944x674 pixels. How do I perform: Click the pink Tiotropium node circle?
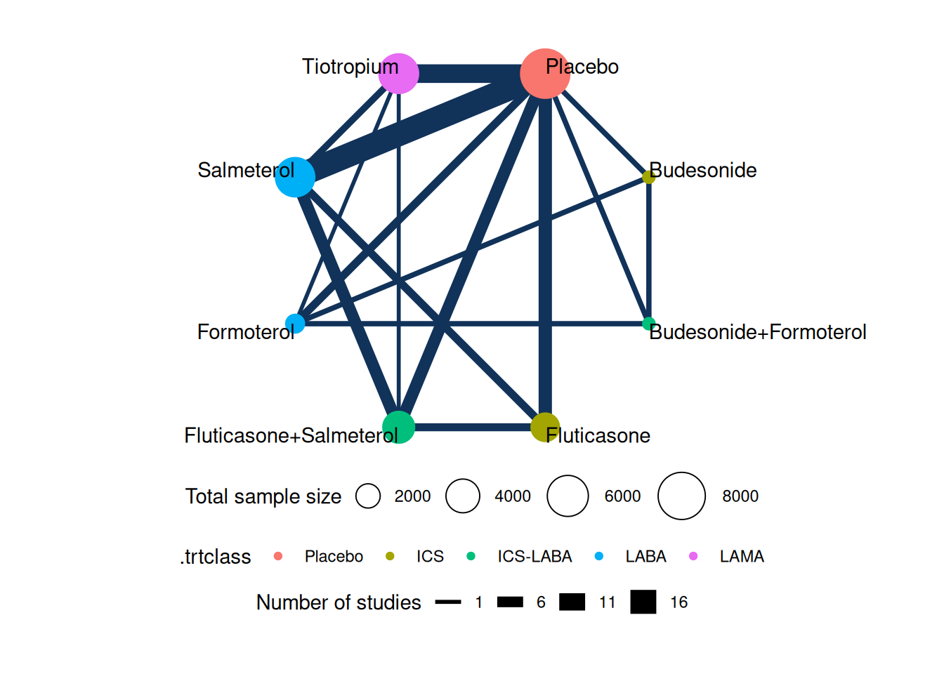tap(398, 73)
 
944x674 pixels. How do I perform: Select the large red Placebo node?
tap(545, 73)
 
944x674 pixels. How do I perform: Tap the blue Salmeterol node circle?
tap(295, 177)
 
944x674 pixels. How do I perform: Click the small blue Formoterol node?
tap(295, 324)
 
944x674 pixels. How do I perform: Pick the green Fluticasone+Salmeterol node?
tap(398, 427)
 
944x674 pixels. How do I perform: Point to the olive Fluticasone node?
tap(545, 427)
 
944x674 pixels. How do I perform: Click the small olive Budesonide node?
tap(649, 177)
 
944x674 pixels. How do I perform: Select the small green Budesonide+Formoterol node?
tap(649, 324)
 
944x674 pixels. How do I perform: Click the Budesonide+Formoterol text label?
tap(757, 332)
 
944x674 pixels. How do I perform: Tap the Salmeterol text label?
tap(246, 171)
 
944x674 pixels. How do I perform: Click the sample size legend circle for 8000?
tap(681, 496)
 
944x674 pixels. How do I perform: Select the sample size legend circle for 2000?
tap(368, 496)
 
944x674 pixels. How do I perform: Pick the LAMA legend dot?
tap(693, 556)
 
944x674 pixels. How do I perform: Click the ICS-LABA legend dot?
tap(471, 556)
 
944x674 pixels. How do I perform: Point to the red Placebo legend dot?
tap(278, 556)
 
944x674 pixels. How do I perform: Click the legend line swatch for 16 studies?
tap(643, 602)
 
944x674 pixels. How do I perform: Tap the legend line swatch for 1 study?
tap(448, 602)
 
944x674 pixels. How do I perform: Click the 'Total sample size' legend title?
tap(263, 496)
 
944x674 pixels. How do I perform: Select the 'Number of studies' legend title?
tap(339, 602)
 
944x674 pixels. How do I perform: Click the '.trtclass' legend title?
tap(215, 557)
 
